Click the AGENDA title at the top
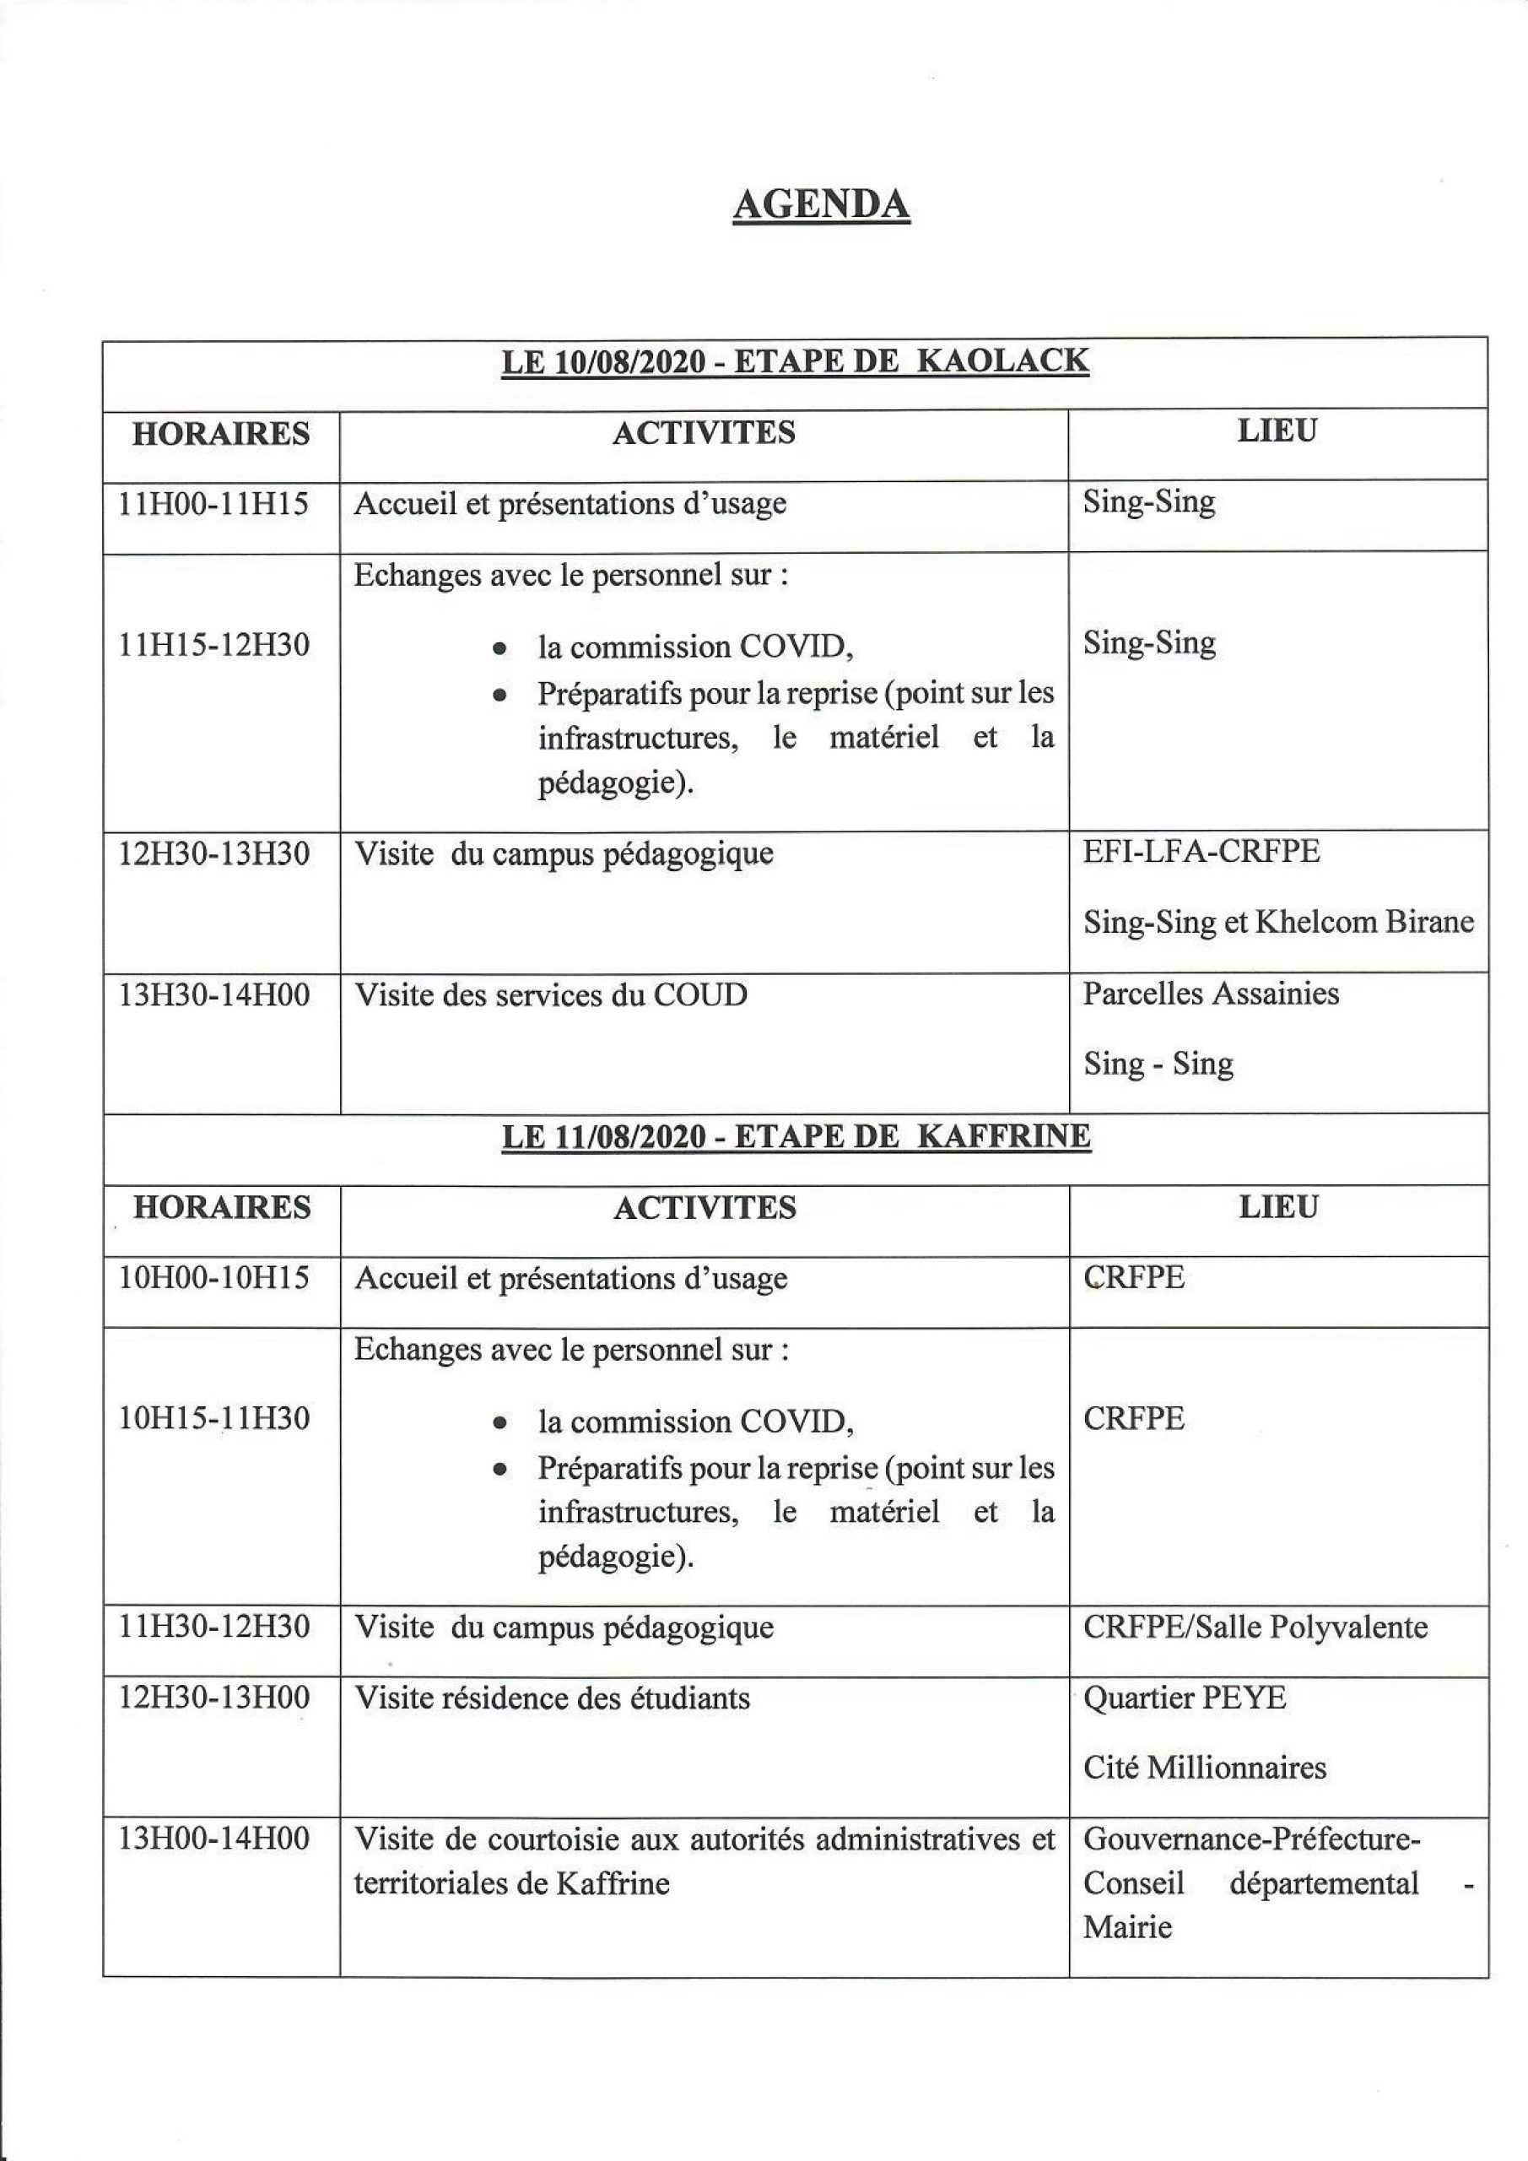[820, 204]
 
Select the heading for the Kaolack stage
[795, 361]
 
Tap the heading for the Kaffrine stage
[796, 1136]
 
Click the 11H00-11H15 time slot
[214, 504]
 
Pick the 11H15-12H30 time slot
[214, 645]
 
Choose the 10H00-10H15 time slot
[214, 1277]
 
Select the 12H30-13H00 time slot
[214, 1698]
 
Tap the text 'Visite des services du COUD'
[550, 995]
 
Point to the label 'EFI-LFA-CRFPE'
[1201, 852]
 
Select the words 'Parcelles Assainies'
[1210, 994]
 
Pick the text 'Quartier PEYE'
[1185, 1698]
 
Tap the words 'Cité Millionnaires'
[1204, 1768]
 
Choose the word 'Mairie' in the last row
[1127, 1927]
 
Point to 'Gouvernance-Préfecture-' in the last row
[1252, 1839]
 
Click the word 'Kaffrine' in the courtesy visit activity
[613, 1884]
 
